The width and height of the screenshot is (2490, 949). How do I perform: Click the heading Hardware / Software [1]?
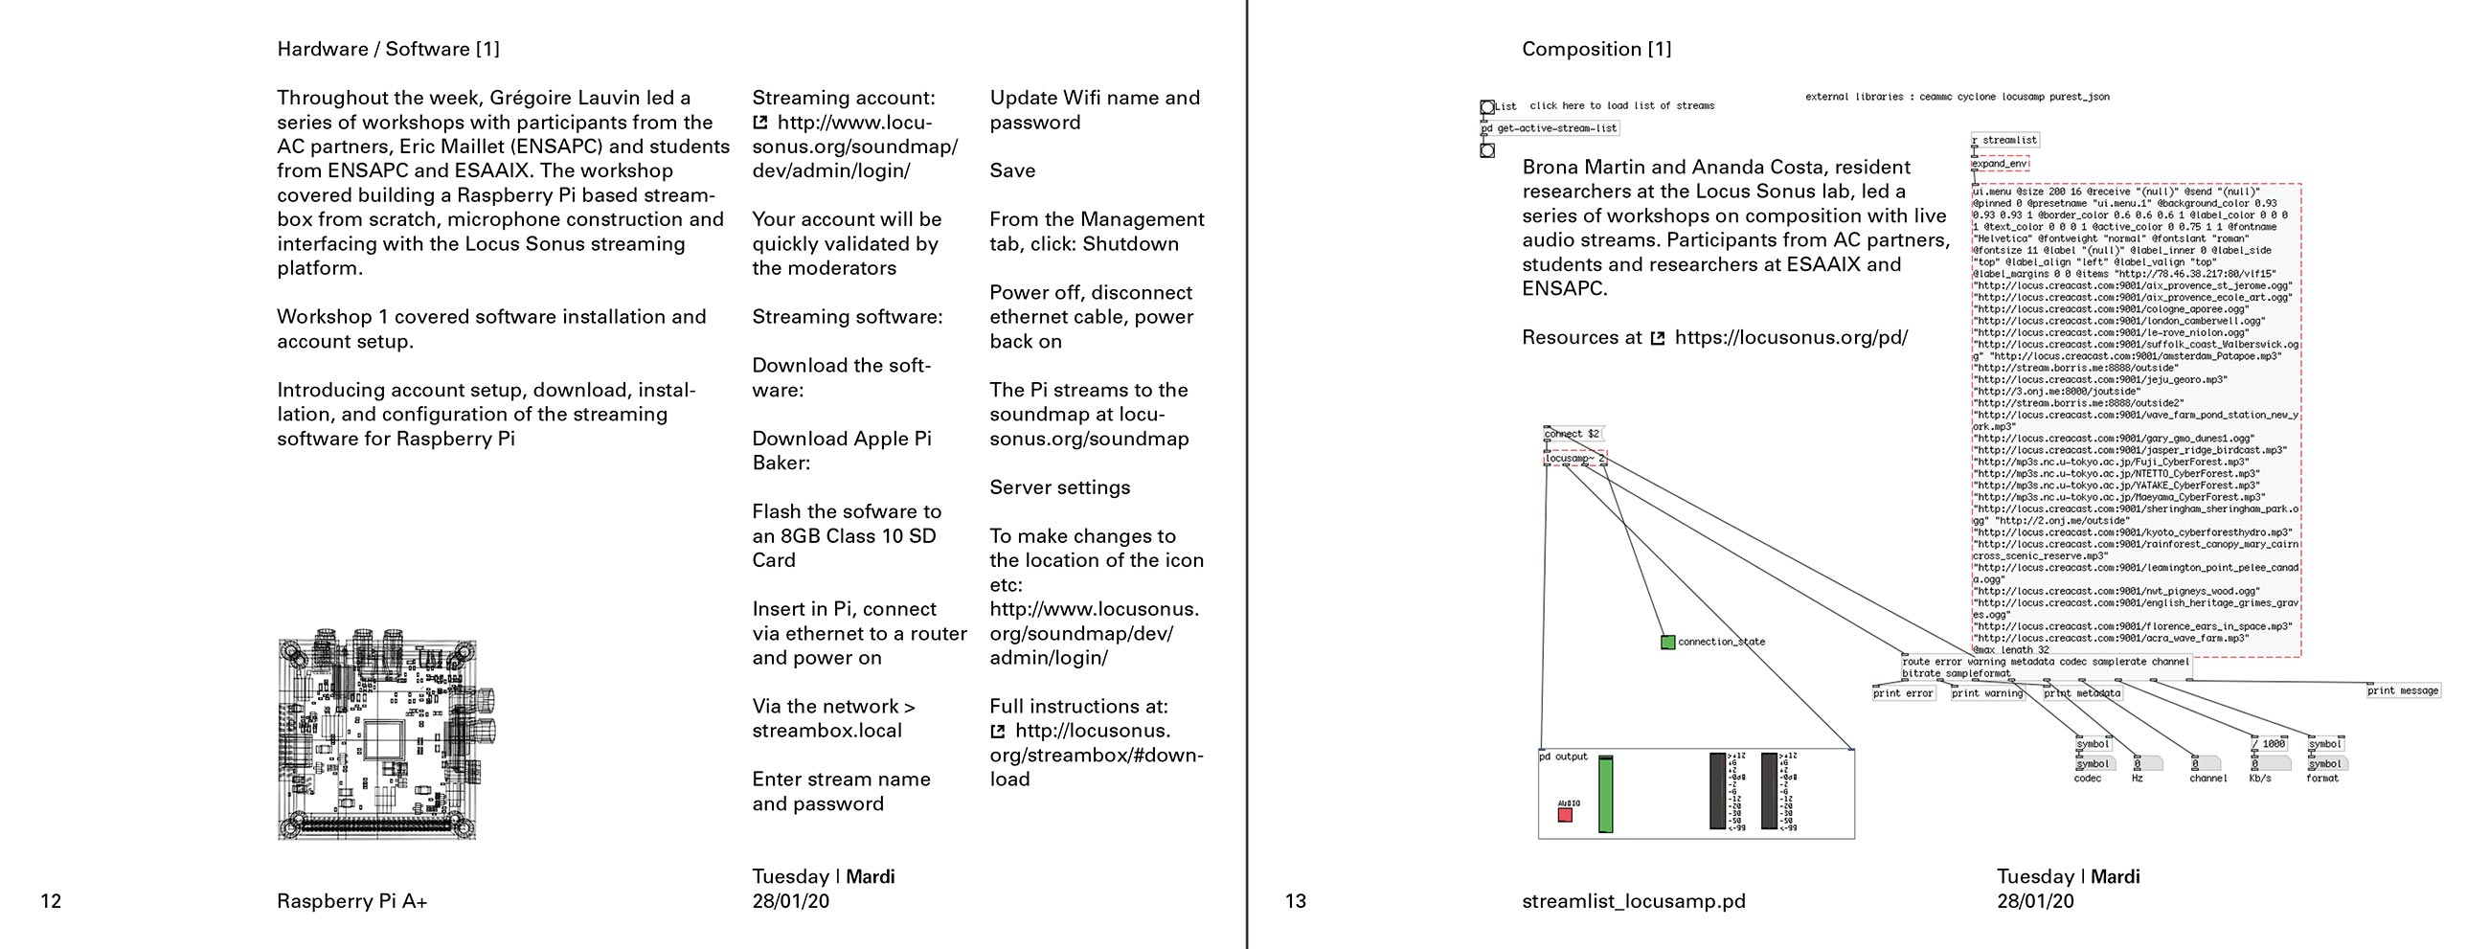[x=388, y=49]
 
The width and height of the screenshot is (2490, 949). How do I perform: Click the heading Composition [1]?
[x=1596, y=49]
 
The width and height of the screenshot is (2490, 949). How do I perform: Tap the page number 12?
[x=51, y=902]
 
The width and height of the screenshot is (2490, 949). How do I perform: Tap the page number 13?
[x=1295, y=902]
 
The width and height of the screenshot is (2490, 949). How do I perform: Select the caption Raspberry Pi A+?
[x=351, y=902]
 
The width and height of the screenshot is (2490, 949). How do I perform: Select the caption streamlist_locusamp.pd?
[x=1633, y=902]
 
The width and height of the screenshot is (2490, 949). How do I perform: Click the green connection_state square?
[x=1667, y=642]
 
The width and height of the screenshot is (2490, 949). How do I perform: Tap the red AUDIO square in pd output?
[x=1565, y=815]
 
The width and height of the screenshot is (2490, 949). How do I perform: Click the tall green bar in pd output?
[x=1605, y=795]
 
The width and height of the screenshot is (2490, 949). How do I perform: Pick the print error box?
[x=1903, y=693]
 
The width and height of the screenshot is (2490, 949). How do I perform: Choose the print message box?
[x=2403, y=690]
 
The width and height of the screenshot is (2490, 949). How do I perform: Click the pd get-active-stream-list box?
[x=1550, y=128]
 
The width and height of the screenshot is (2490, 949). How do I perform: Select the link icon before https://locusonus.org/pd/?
[x=1657, y=338]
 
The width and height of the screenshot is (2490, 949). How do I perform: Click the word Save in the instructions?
[x=1012, y=171]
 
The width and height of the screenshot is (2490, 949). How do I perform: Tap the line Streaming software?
[x=847, y=317]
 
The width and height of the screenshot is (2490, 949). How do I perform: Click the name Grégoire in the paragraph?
[x=532, y=98]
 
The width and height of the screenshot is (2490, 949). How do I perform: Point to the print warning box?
[x=1986, y=693]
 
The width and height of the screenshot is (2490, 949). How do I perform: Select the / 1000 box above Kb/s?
[x=2269, y=744]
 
